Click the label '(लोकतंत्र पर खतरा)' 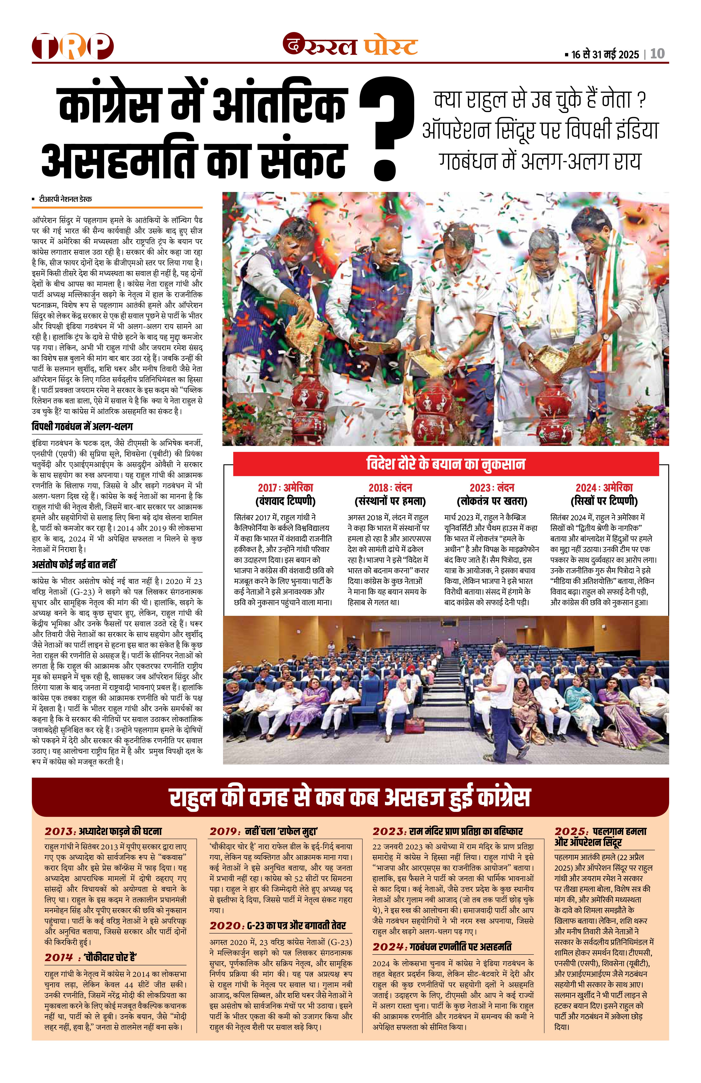[492, 501]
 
